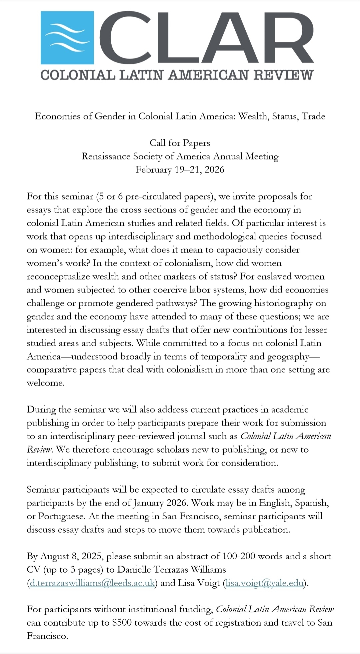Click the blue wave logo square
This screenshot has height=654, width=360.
(67, 37)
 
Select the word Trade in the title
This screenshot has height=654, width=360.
(313, 116)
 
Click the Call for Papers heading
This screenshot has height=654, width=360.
(180, 143)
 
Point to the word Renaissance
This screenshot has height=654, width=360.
(106, 156)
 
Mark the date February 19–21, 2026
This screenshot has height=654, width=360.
(180, 170)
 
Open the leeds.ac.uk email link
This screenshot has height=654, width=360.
(92, 583)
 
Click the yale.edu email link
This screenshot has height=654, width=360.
(265, 583)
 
